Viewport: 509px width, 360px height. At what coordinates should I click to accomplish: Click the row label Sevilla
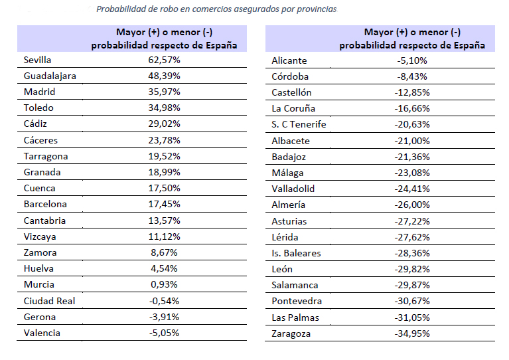[x=38, y=60]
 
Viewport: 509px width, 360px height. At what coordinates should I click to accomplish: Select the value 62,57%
[x=164, y=60]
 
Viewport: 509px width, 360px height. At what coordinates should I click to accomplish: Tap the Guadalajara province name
[x=50, y=76]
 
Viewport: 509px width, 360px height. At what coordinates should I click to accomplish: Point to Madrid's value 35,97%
[x=164, y=92]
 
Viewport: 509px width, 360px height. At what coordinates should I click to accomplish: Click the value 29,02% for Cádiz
[x=164, y=124]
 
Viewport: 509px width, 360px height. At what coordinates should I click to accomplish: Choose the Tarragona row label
[x=46, y=156]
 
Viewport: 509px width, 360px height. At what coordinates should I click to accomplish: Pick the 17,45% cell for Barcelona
[x=164, y=205]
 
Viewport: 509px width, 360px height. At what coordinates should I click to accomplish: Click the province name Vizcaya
[x=40, y=236]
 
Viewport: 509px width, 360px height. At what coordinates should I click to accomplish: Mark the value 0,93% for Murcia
[x=164, y=285]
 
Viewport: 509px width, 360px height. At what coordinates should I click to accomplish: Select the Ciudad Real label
[x=49, y=301]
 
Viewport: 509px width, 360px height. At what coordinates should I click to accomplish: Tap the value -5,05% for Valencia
[x=164, y=333]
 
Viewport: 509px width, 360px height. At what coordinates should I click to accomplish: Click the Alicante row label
[x=289, y=60]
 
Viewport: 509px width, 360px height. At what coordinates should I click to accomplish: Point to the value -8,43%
[x=412, y=76]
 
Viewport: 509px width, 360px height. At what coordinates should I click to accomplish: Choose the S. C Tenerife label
[x=299, y=124]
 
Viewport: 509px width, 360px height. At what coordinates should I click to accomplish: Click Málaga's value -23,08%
[x=412, y=173]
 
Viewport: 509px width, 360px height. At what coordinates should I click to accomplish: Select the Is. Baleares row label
[x=296, y=253]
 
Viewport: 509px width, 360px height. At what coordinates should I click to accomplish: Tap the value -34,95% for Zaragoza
[x=412, y=333]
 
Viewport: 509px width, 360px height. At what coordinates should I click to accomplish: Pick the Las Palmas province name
[x=294, y=317]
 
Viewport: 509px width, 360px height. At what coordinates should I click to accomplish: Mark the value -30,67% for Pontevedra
[x=412, y=302]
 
